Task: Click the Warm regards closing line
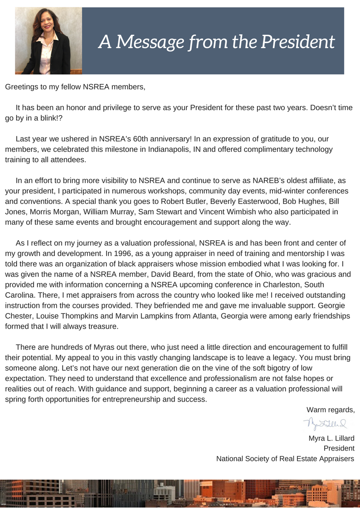point(330,410)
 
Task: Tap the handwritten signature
point(326,424)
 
